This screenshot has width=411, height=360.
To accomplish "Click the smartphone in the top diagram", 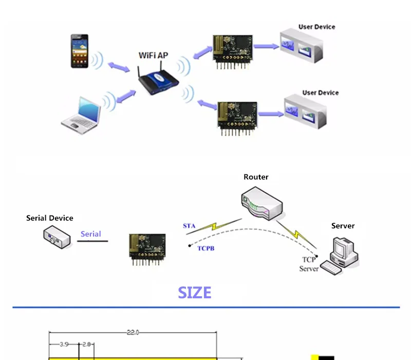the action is pyautogui.click(x=80, y=51).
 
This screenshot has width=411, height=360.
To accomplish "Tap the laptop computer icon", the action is pyautogui.click(x=81, y=115).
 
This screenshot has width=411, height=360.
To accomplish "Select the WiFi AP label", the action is pyautogui.click(x=153, y=56).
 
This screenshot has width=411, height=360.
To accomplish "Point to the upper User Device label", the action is pyautogui.click(x=316, y=27).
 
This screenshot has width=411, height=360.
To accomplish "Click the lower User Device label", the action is pyautogui.click(x=320, y=93).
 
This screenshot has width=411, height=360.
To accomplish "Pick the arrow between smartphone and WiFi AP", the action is pyautogui.click(x=119, y=67).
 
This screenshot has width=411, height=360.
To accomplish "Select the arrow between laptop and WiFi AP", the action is pyautogui.click(x=126, y=96).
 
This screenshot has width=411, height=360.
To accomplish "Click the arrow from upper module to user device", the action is pyautogui.click(x=266, y=46).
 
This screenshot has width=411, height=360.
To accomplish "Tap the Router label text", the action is pyautogui.click(x=256, y=177).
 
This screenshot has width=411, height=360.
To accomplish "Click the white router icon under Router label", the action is pyautogui.click(x=262, y=203).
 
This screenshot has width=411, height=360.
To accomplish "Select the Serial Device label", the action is pyautogui.click(x=49, y=218).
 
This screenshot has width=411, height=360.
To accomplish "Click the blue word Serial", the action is pyautogui.click(x=91, y=234).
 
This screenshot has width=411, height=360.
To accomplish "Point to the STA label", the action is pyautogui.click(x=189, y=226).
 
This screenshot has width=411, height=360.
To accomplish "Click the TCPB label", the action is pyautogui.click(x=206, y=248).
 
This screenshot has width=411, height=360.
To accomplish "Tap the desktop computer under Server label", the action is pyautogui.click(x=340, y=256).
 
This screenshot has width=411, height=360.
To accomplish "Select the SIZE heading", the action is pyautogui.click(x=195, y=293).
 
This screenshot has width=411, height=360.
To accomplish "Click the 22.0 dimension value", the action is pyautogui.click(x=133, y=332).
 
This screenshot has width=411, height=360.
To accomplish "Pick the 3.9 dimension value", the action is pyautogui.click(x=64, y=344).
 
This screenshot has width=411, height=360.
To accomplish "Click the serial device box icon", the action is pyautogui.click(x=57, y=238).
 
